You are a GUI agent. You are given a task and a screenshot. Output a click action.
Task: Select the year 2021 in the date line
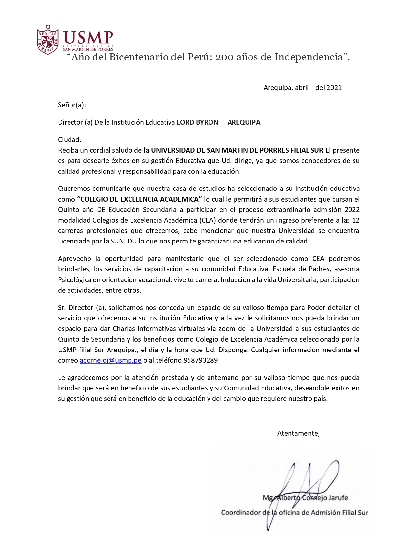coord(334,88)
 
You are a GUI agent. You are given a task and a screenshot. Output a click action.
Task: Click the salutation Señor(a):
coord(72,105)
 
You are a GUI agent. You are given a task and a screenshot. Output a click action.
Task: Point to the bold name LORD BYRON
coord(197,122)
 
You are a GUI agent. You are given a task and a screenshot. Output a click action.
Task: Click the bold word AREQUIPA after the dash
coord(244,122)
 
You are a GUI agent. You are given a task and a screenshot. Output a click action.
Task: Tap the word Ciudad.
coord(69,140)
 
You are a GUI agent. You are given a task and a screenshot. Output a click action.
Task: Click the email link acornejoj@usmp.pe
coord(110,360)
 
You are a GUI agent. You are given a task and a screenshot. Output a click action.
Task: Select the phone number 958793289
coord(201,360)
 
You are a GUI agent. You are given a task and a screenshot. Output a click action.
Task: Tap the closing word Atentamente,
coord(298,433)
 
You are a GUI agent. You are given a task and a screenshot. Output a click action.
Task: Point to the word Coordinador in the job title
coord(241,513)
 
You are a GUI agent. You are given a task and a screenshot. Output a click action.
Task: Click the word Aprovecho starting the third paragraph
coord(75,259)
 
